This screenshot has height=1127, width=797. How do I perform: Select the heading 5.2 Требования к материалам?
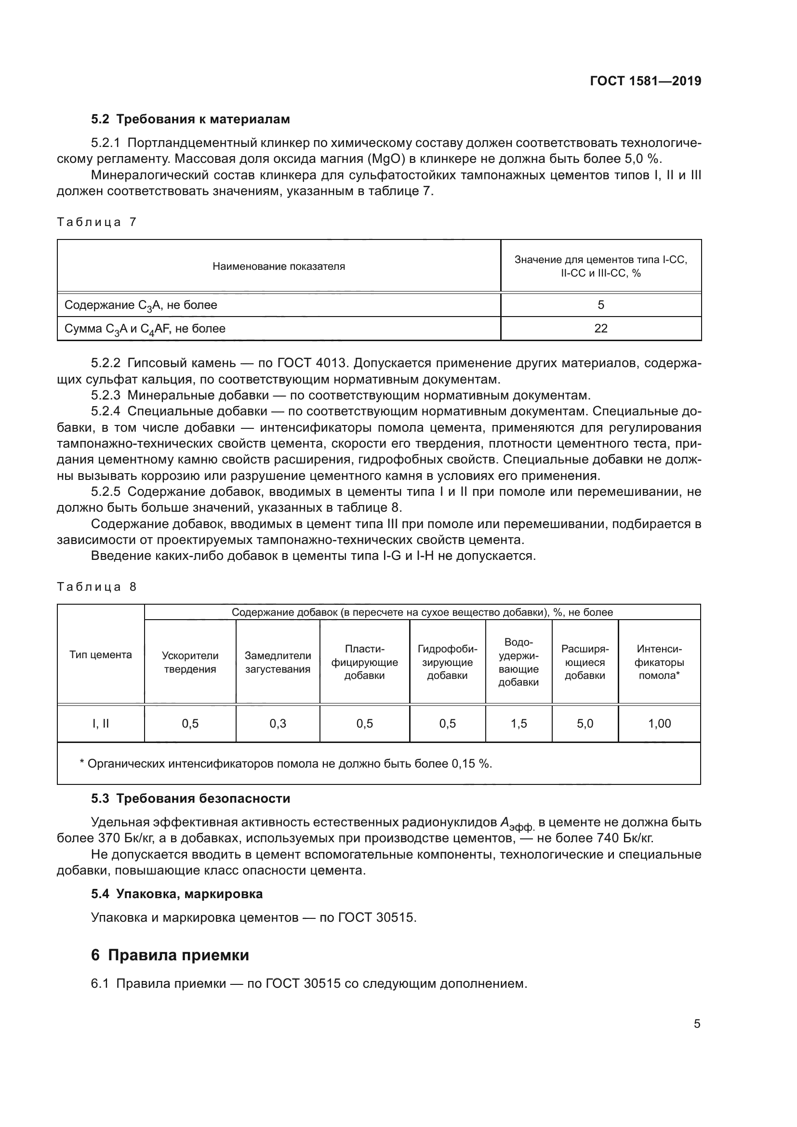[190, 119]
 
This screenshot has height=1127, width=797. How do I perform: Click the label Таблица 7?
[97, 222]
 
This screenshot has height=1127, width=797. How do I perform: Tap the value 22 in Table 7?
[601, 329]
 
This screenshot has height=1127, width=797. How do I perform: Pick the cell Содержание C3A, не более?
[141, 305]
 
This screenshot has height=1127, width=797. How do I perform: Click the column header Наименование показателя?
[278, 266]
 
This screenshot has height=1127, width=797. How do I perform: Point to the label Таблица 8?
[97, 587]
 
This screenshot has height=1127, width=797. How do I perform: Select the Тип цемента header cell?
[101, 655]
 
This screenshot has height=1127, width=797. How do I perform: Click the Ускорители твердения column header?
[190, 662]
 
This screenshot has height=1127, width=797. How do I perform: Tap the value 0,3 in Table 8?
[278, 724]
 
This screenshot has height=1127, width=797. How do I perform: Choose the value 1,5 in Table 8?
[519, 724]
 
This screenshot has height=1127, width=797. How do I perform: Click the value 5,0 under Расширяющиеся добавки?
[585, 724]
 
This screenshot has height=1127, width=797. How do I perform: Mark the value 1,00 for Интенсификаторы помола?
[659, 724]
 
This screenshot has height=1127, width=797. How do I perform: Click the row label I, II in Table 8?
[101, 724]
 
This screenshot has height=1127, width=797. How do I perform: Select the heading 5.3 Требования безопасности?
[190, 798]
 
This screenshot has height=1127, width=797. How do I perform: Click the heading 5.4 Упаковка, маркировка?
[177, 894]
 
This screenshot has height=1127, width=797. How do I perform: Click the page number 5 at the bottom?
[697, 1024]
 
